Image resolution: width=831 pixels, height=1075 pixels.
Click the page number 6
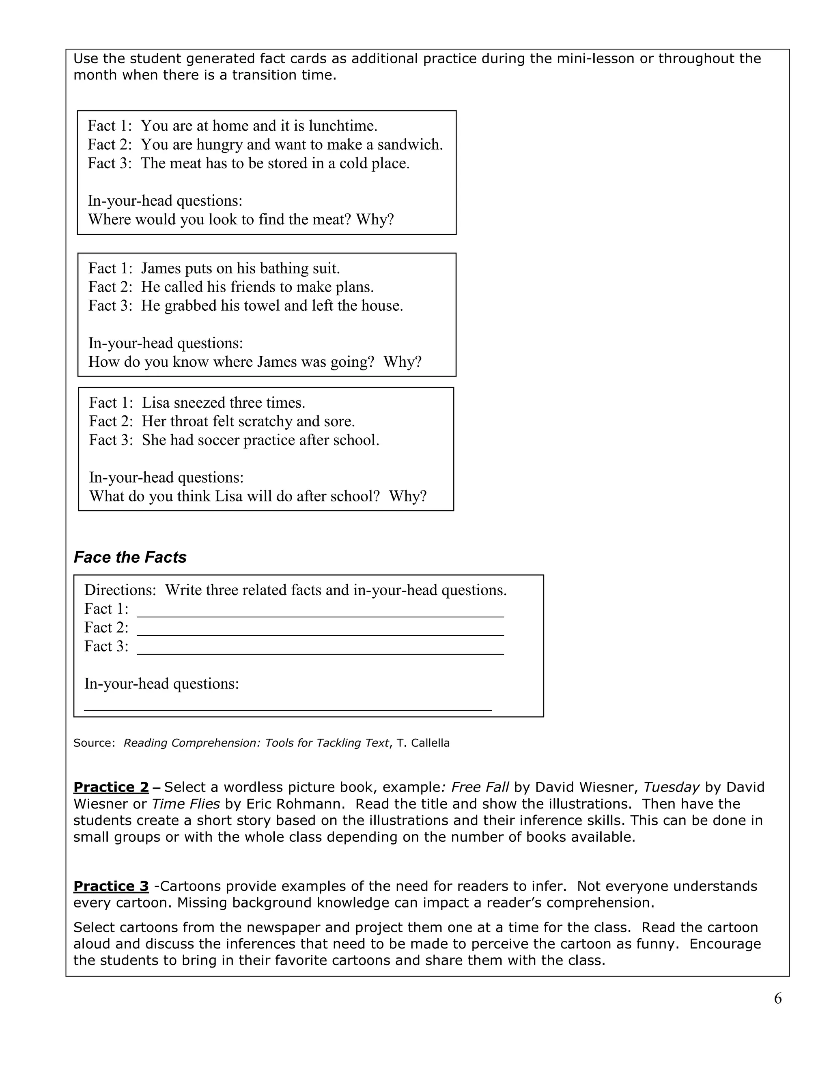[777, 998]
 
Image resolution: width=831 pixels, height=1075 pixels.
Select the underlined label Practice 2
[111, 787]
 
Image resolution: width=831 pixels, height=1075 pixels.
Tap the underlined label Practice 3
[111, 886]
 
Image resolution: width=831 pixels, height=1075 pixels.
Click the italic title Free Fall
[480, 787]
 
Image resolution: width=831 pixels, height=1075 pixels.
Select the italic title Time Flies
[186, 804]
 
